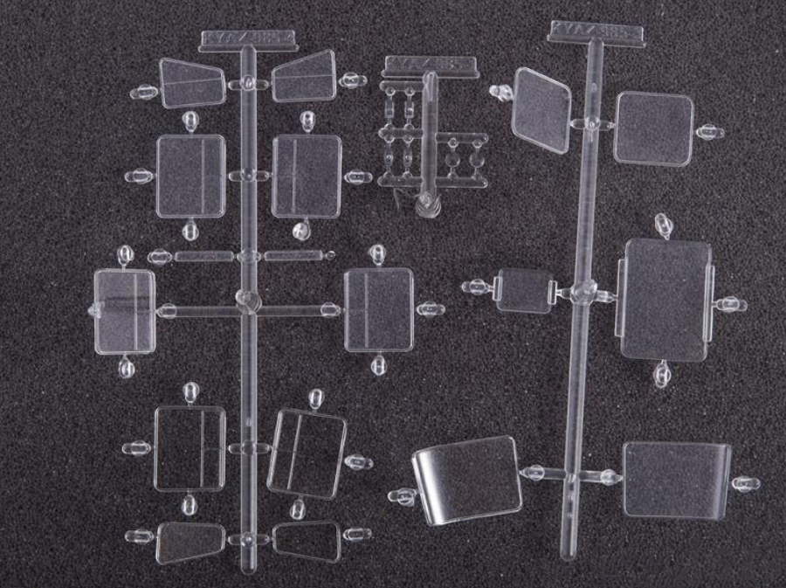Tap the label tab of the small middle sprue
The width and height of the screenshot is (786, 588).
coord(431,66)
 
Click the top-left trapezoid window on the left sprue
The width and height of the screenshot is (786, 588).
coord(191,83)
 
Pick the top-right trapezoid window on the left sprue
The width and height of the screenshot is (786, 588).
coord(305,77)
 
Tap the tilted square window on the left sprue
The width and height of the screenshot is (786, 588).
coord(306,453)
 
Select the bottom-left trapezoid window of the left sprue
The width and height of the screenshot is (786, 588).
coord(190,542)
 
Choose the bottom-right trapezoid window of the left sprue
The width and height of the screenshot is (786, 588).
coord(306,541)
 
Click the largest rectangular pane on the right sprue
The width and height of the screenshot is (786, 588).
coord(665,300)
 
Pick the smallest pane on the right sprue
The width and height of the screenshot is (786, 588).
coord(525,290)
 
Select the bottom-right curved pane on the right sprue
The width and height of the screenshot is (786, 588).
coord(677,479)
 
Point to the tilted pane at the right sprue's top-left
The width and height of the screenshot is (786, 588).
coord(541,110)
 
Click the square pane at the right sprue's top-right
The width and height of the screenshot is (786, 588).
coord(653,128)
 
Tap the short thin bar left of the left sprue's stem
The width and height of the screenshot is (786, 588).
coord(203,257)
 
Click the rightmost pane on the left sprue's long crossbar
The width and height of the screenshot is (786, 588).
coord(378,308)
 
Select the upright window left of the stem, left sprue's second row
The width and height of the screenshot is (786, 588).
coord(190,176)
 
